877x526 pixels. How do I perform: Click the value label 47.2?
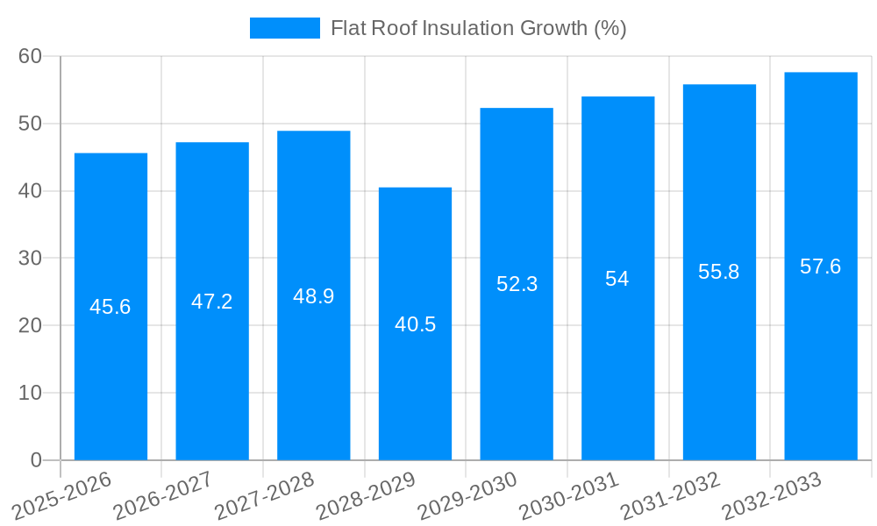pyautogui.click(x=212, y=302)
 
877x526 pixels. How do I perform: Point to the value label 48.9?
pyautogui.click(x=313, y=296)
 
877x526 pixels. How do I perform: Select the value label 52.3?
pyautogui.click(x=517, y=284)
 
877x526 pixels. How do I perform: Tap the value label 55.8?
pyautogui.click(x=719, y=272)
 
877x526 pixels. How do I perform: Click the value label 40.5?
pyautogui.click(x=415, y=324)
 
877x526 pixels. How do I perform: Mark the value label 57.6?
pyautogui.click(x=820, y=267)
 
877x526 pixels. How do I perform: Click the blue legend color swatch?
pyautogui.click(x=284, y=28)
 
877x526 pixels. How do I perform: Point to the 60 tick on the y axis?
pyautogui.click(x=30, y=56)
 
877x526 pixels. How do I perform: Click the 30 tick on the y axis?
pyautogui.click(x=30, y=259)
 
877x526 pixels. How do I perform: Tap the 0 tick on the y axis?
pyautogui.click(x=35, y=460)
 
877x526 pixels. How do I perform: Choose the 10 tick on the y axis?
pyautogui.click(x=30, y=393)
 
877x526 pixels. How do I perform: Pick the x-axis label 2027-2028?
pyautogui.click(x=266, y=495)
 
